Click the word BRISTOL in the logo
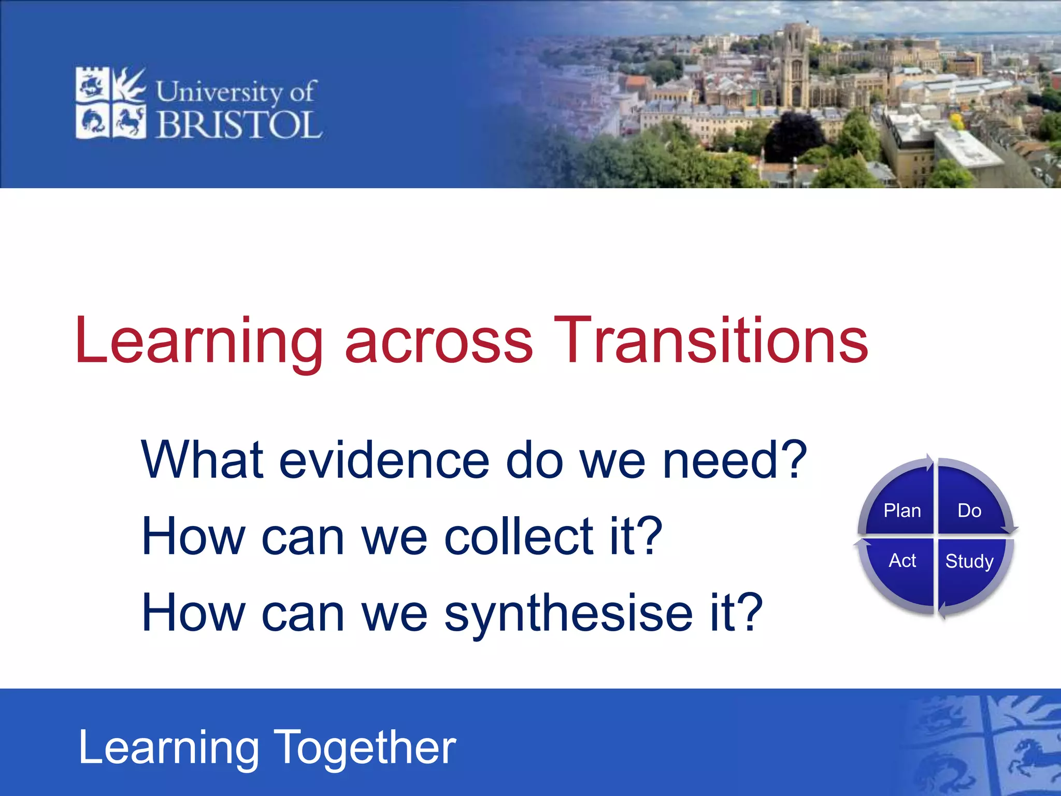[239, 125]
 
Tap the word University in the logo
[219, 92]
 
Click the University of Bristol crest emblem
[110, 103]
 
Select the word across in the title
[438, 342]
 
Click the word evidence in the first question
[384, 460]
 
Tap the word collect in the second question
[519, 536]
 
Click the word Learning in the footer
[169, 748]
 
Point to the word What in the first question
[203, 459]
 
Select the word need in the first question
[721, 460]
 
